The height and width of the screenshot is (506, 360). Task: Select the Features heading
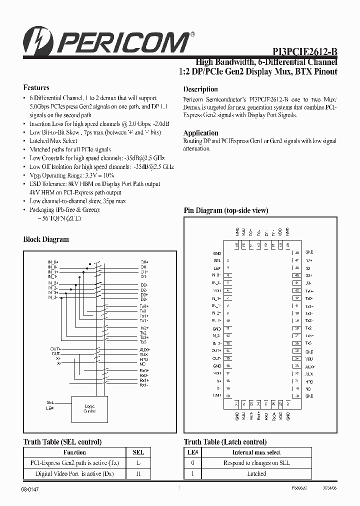tap(36, 87)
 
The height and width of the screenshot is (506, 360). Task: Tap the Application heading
tap(200, 133)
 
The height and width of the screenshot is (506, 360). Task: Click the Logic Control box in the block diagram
tap(89, 408)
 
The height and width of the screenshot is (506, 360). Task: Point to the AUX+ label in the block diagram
tap(144, 349)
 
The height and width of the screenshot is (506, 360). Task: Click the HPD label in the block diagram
tap(144, 359)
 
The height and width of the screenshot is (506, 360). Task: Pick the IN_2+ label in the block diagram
tap(53, 283)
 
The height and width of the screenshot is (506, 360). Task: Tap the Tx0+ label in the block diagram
tap(144, 305)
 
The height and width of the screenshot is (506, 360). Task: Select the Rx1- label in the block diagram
tap(144, 385)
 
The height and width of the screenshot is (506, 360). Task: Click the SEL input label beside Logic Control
tap(50, 402)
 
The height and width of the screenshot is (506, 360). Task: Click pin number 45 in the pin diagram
tap(296, 275)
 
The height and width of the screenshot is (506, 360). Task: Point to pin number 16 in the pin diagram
tap(228, 366)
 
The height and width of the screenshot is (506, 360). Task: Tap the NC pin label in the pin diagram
tap(308, 388)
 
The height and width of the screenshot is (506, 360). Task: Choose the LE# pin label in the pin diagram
tap(216, 268)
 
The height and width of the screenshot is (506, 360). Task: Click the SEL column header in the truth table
tap(138, 452)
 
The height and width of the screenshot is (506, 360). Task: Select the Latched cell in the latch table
tap(256, 473)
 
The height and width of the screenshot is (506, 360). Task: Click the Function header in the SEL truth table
tap(73, 452)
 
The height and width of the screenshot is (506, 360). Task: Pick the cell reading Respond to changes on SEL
tap(256, 463)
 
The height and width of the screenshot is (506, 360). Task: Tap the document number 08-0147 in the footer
tap(30, 489)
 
